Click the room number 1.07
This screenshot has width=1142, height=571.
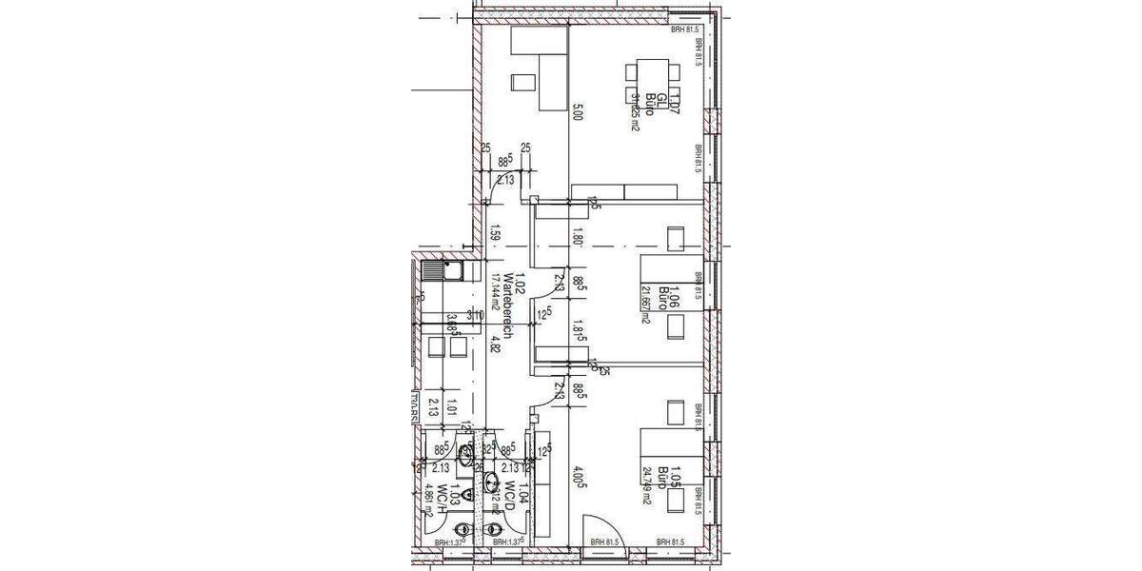pyautogui.click(x=676, y=99)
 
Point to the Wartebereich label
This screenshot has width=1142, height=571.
pyautogui.click(x=508, y=308)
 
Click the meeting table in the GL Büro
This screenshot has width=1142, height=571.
pyautogui.click(x=653, y=72)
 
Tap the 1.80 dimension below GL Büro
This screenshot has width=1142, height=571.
pyautogui.click(x=577, y=232)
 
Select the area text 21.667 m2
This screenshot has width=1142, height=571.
pyautogui.click(x=646, y=305)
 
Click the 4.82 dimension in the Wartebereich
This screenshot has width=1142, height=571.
pyautogui.click(x=495, y=343)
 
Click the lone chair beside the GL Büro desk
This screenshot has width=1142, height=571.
pyautogui.click(x=520, y=83)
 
